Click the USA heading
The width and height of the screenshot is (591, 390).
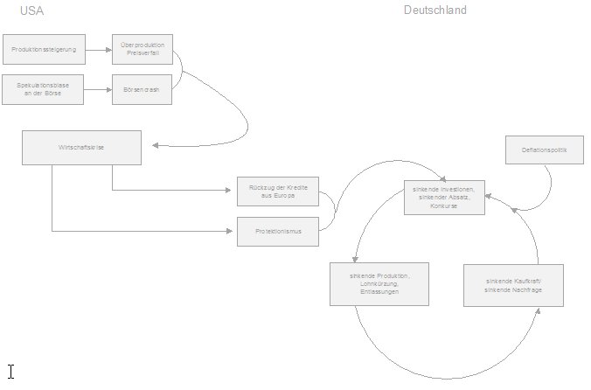pyautogui.click(x=31, y=10)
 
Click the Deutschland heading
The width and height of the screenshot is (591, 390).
pyautogui.click(x=435, y=10)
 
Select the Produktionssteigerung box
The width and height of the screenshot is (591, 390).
pyautogui.click(x=43, y=50)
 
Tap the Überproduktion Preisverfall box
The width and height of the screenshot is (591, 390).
pyautogui.click(x=142, y=49)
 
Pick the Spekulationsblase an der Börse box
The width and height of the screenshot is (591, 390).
pyautogui.click(x=43, y=89)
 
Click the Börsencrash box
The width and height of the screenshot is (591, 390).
pyautogui.click(x=142, y=89)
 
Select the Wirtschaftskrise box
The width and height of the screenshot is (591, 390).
pyautogui.click(x=81, y=147)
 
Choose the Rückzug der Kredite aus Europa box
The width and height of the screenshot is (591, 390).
pyautogui.click(x=277, y=192)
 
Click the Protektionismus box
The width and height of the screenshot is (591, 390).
pyautogui.click(x=277, y=232)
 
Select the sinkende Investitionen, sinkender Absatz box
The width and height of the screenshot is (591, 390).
pyautogui.click(x=444, y=198)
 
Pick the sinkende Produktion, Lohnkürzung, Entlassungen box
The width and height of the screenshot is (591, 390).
pyautogui.click(x=379, y=283)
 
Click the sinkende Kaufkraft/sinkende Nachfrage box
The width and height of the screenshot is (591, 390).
pyautogui.click(x=513, y=284)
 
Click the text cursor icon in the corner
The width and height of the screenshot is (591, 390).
pyautogui.click(x=10, y=372)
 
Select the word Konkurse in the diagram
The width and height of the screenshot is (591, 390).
pyautogui.click(x=444, y=206)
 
